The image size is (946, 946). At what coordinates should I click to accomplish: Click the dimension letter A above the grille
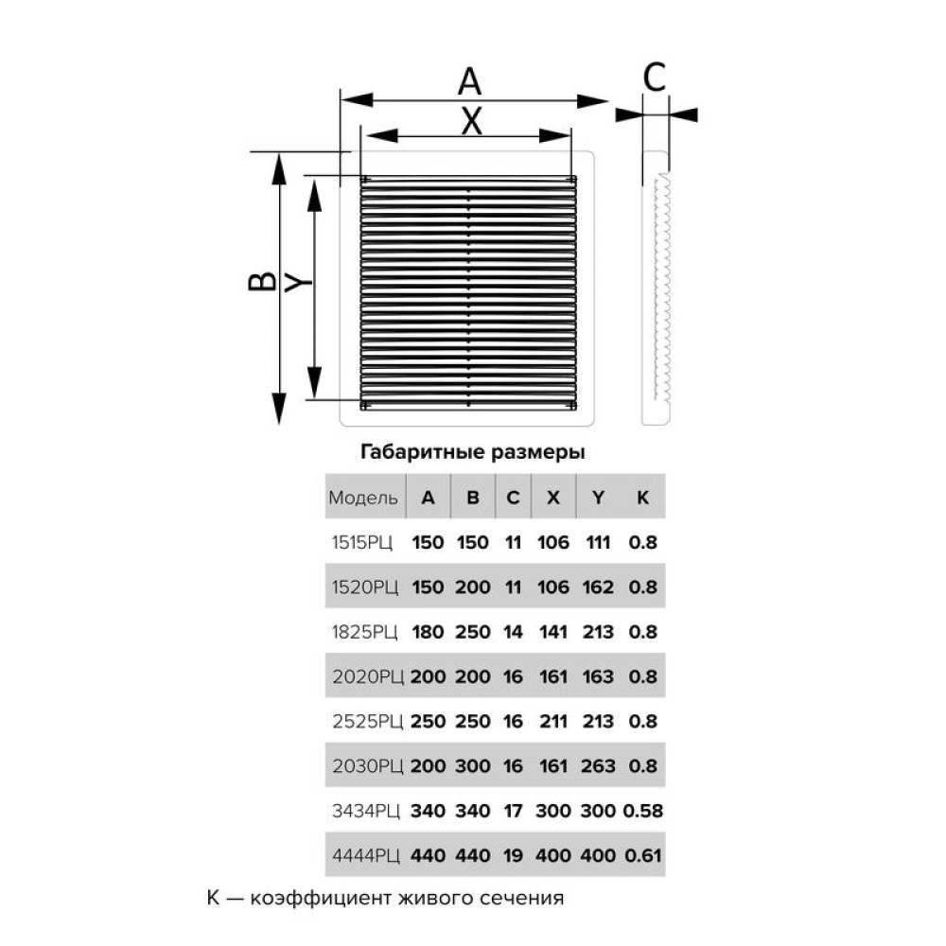pyautogui.click(x=469, y=81)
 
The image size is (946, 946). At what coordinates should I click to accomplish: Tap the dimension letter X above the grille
pyautogui.click(x=472, y=121)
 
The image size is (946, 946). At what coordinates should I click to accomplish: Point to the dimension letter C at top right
pyautogui.click(x=655, y=78)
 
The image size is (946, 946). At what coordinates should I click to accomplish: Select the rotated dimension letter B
pyautogui.click(x=262, y=282)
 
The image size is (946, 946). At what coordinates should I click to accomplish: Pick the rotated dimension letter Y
pyautogui.click(x=298, y=282)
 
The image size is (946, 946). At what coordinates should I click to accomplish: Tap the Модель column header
pyautogui.click(x=363, y=498)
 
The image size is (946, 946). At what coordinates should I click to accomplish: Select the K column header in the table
pyautogui.click(x=642, y=498)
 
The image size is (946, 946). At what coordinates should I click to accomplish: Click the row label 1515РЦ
pyautogui.click(x=362, y=542)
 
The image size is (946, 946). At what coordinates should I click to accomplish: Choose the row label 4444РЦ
pyautogui.click(x=365, y=855)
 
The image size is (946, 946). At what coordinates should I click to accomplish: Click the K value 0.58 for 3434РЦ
pyautogui.click(x=643, y=811)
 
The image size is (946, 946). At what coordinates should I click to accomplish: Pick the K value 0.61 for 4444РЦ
pyautogui.click(x=643, y=855)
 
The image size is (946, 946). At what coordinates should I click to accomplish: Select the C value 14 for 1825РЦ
pyautogui.click(x=513, y=632)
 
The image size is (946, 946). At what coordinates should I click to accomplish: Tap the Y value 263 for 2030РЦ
pyautogui.click(x=598, y=765)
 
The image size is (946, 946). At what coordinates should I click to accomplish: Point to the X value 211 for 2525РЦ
pyautogui.click(x=553, y=721)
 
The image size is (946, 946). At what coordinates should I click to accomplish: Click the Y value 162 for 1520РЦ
pyautogui.click(x=598, y=587)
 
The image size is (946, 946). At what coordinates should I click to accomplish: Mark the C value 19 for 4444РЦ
pyautogui.click(x=513, y=855)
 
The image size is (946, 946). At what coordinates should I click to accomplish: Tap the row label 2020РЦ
pyautogui.click(x=367, y=676)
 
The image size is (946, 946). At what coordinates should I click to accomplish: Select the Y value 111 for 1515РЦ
pyautogui.click(x=598, y=542)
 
